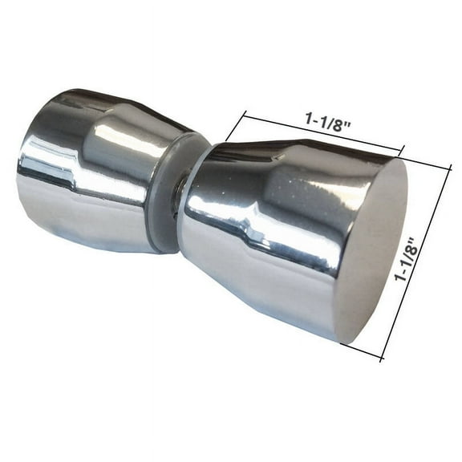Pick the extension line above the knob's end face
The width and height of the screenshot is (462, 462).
(x=425, y=160)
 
